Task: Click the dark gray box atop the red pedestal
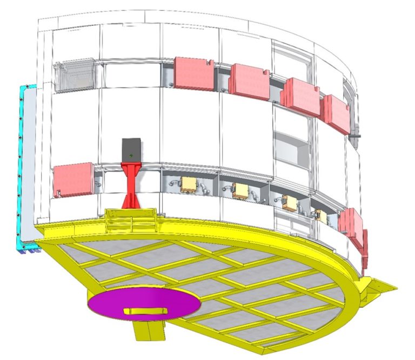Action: click(131, 149)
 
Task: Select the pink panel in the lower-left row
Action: click(73, 180)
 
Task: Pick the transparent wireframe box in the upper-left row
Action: click(75, 77)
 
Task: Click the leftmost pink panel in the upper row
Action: click(194, 72)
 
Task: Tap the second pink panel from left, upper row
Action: click(250, 81)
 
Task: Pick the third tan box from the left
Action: click(287, 202)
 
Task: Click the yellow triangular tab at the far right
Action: click(385, 284)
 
